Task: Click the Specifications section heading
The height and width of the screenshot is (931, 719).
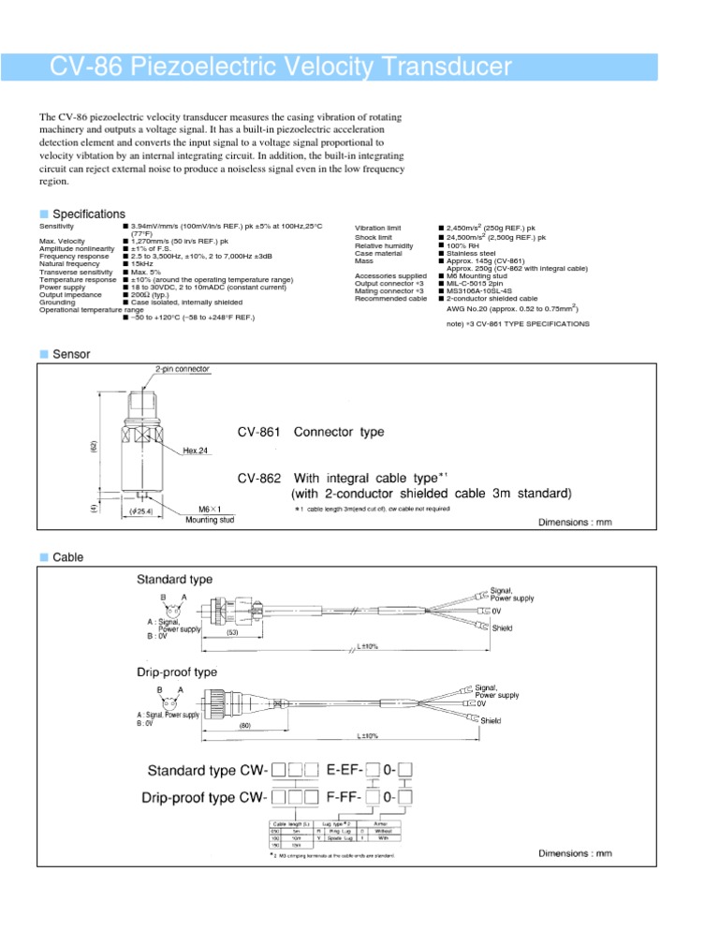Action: [89, 214]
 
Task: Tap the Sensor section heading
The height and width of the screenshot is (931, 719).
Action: [72, 354]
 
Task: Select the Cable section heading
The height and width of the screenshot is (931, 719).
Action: [68, 557]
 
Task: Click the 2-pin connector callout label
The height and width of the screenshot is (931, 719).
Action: [175, 369]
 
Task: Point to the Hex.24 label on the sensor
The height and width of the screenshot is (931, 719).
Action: [197, 451]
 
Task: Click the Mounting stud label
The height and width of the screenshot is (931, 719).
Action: [211, 519]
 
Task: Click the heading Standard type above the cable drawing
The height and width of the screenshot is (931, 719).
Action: [175, 580]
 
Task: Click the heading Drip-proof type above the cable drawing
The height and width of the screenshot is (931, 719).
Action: [177, 672]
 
